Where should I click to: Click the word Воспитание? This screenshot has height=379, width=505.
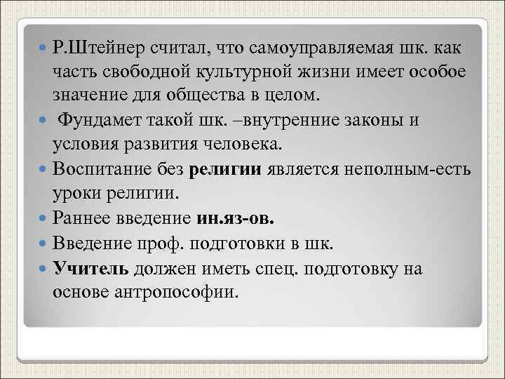pyautogui.click(x=105, y=169)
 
